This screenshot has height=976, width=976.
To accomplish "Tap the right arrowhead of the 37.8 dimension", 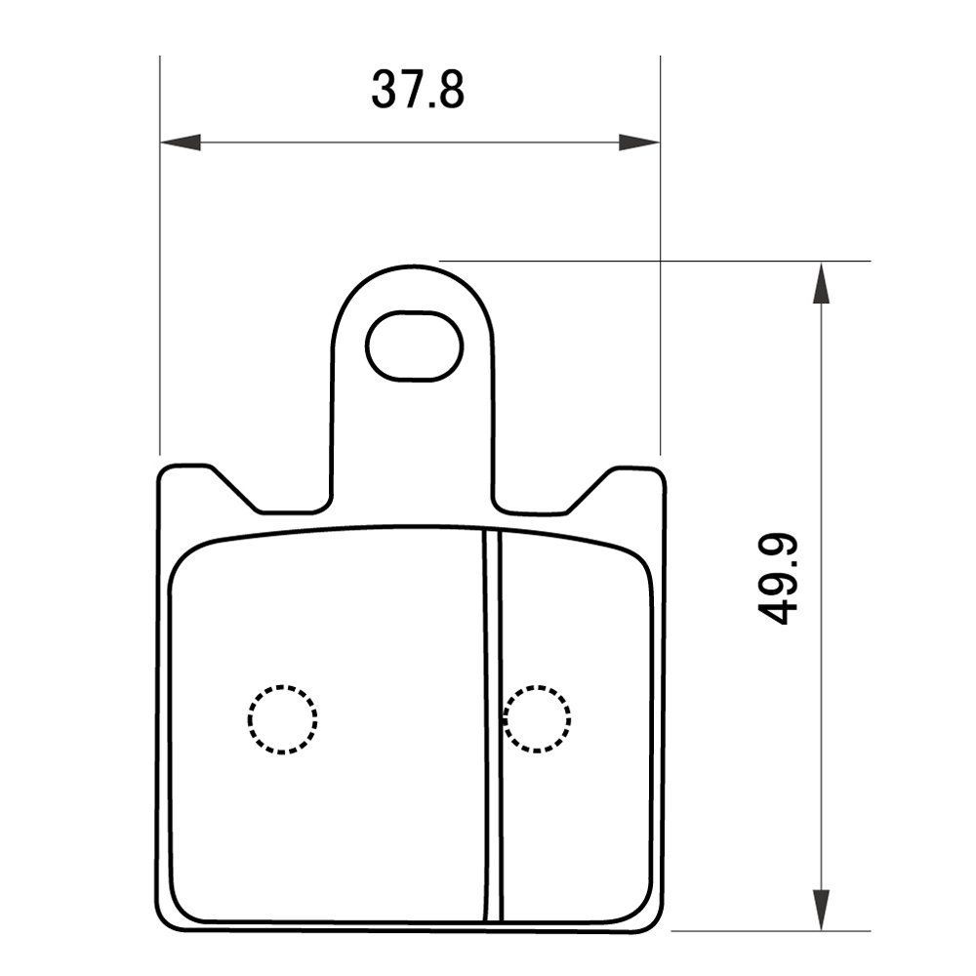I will point(640,142).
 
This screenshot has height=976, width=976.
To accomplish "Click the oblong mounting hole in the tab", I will point(414,346).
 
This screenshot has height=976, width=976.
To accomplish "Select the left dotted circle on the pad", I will point(282,719).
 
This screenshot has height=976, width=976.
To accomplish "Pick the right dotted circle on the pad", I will point(538,719).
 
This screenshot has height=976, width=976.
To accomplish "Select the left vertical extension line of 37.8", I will point(159,293).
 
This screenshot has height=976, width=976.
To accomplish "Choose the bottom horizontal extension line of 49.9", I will point(771,931).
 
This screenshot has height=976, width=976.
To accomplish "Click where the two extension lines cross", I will point(661,261).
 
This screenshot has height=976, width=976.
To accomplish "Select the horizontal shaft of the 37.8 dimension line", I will point(410,142).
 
